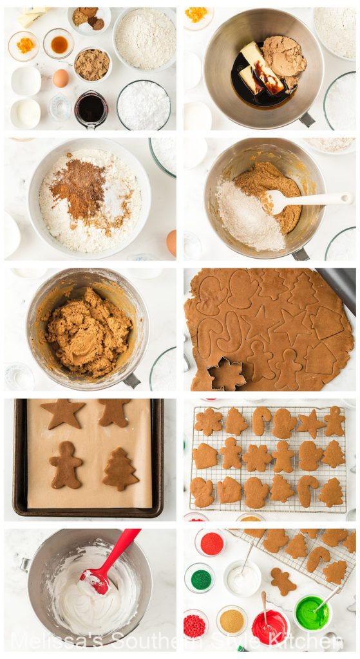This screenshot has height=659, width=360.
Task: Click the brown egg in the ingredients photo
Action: click(x=61, y=78)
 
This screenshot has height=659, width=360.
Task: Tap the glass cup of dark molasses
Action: click(x=91, y=108)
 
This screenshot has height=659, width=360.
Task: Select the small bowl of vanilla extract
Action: click(x=59, y=44)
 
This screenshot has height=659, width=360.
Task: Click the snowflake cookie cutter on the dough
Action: click(x=227, y=375)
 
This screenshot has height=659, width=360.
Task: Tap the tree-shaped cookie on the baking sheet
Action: click(x=120, y=469)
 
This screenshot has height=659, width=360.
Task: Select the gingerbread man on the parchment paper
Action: click(x=66, y=464)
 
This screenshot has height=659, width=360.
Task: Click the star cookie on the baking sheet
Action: click(x=62, y=413)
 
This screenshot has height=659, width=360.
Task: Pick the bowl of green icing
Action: click(x=312, y=613)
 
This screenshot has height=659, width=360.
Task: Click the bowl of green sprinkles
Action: click(x=200, y=579)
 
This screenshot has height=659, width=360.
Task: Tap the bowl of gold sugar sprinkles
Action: click(x=231, y=620)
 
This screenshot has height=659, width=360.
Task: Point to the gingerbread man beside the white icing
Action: click(x=283, y=580)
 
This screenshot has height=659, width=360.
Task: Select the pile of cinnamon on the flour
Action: click(x=78, y=187)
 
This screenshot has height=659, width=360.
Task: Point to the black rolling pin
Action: click(x=339, y=286)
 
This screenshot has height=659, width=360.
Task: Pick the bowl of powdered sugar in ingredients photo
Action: click(x=144, y=106)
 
